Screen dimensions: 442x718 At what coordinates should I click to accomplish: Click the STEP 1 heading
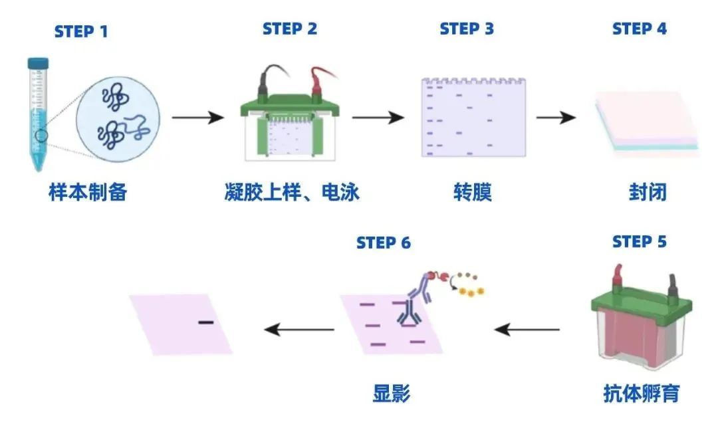(80, 31)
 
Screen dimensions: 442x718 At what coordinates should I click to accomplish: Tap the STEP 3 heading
(467, 29)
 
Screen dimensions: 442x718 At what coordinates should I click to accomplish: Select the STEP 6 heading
(384, 243)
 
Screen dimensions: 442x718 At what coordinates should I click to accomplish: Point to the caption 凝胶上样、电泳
(292, 193)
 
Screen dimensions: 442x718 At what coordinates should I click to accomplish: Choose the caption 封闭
(647, 193)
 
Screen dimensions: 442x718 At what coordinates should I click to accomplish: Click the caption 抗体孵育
(641, 393)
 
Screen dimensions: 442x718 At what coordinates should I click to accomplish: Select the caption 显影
(392, 393)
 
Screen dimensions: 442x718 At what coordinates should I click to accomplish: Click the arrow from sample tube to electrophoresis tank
(197, 118)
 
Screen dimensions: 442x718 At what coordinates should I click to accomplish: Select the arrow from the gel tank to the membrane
(378, 118)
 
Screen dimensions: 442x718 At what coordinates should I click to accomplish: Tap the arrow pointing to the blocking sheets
(556, 118)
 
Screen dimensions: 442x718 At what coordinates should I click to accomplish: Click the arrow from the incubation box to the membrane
(528, 329)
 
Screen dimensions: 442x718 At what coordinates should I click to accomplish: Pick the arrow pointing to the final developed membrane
(299, 329)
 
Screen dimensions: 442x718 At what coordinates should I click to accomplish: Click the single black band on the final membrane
(205, 322)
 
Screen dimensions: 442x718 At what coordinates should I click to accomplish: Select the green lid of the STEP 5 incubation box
(640, 299)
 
